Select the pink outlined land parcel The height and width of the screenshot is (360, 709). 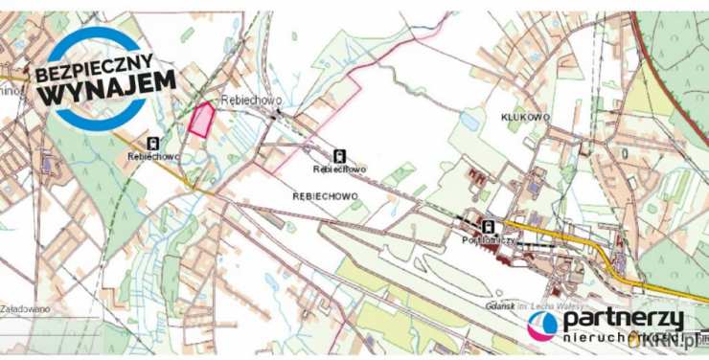[x=200, y=121]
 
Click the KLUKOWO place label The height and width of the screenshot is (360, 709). [x=525, y=116]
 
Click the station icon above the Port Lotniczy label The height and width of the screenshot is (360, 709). [x=491, y=227]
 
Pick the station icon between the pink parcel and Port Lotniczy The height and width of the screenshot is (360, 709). [x=339, y=154]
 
